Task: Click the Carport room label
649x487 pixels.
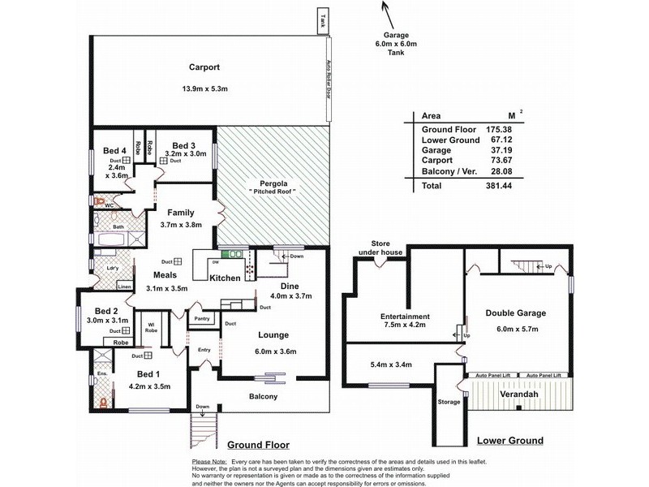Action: [205, 68]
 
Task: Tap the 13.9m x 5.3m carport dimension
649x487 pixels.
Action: [205, 89]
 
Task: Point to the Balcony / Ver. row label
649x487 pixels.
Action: [448, 170]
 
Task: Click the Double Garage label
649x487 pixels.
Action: [515, 312]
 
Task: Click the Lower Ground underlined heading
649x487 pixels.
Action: [509, 441]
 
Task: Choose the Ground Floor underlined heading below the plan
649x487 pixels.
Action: [258, 445]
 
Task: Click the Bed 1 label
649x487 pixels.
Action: [147, 373]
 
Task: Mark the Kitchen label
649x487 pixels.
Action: [225, 278]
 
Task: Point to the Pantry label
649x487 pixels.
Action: [202, 320]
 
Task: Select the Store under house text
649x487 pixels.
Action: [380, 248]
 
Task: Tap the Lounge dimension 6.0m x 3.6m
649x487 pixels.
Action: [269, 351]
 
